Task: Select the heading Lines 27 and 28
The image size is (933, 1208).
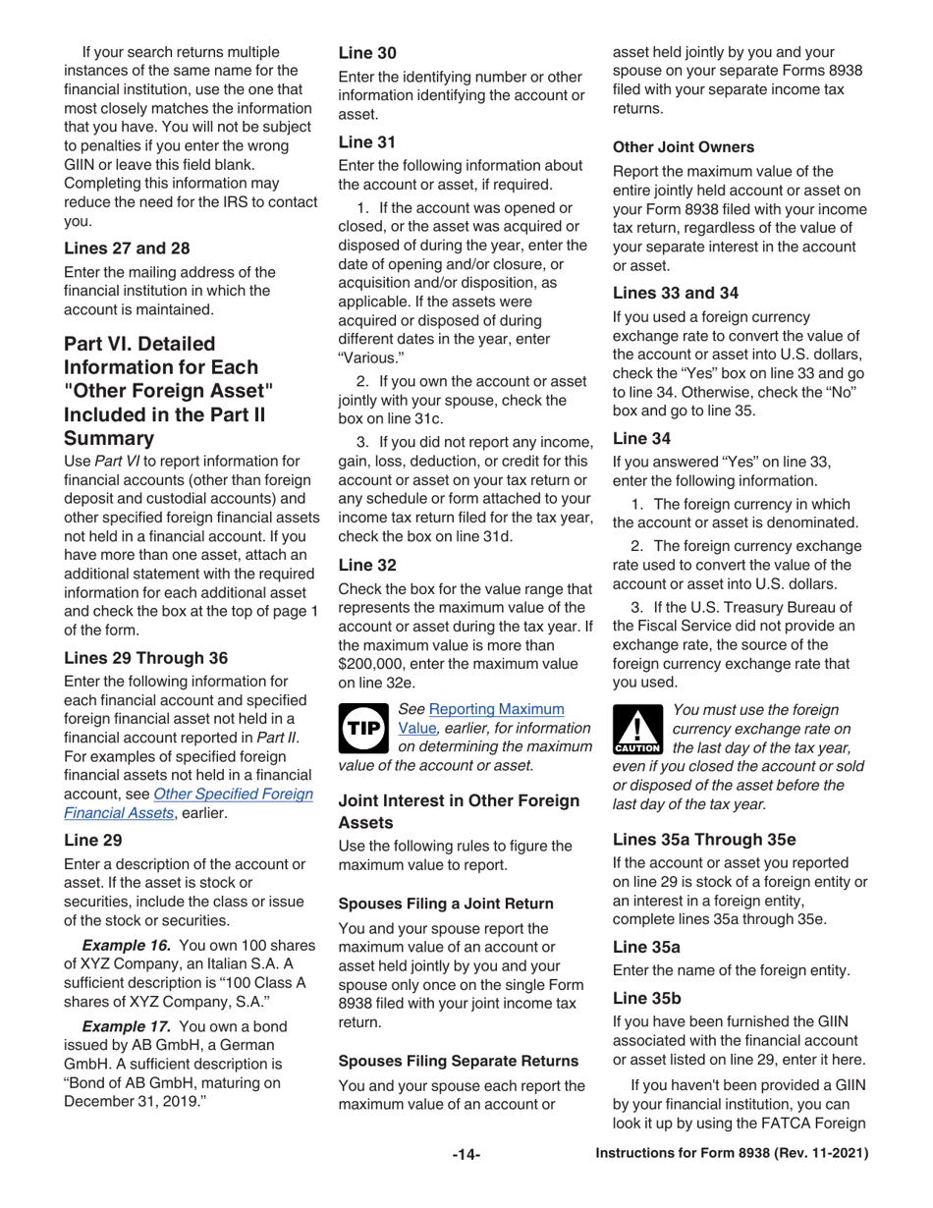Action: (127, 248)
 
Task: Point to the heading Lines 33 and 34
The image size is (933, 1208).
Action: (675, 292)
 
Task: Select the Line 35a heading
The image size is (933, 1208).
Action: (646, 947)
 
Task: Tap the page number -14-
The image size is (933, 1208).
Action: (466, 1155)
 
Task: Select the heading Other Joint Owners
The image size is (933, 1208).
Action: (684, 147)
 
